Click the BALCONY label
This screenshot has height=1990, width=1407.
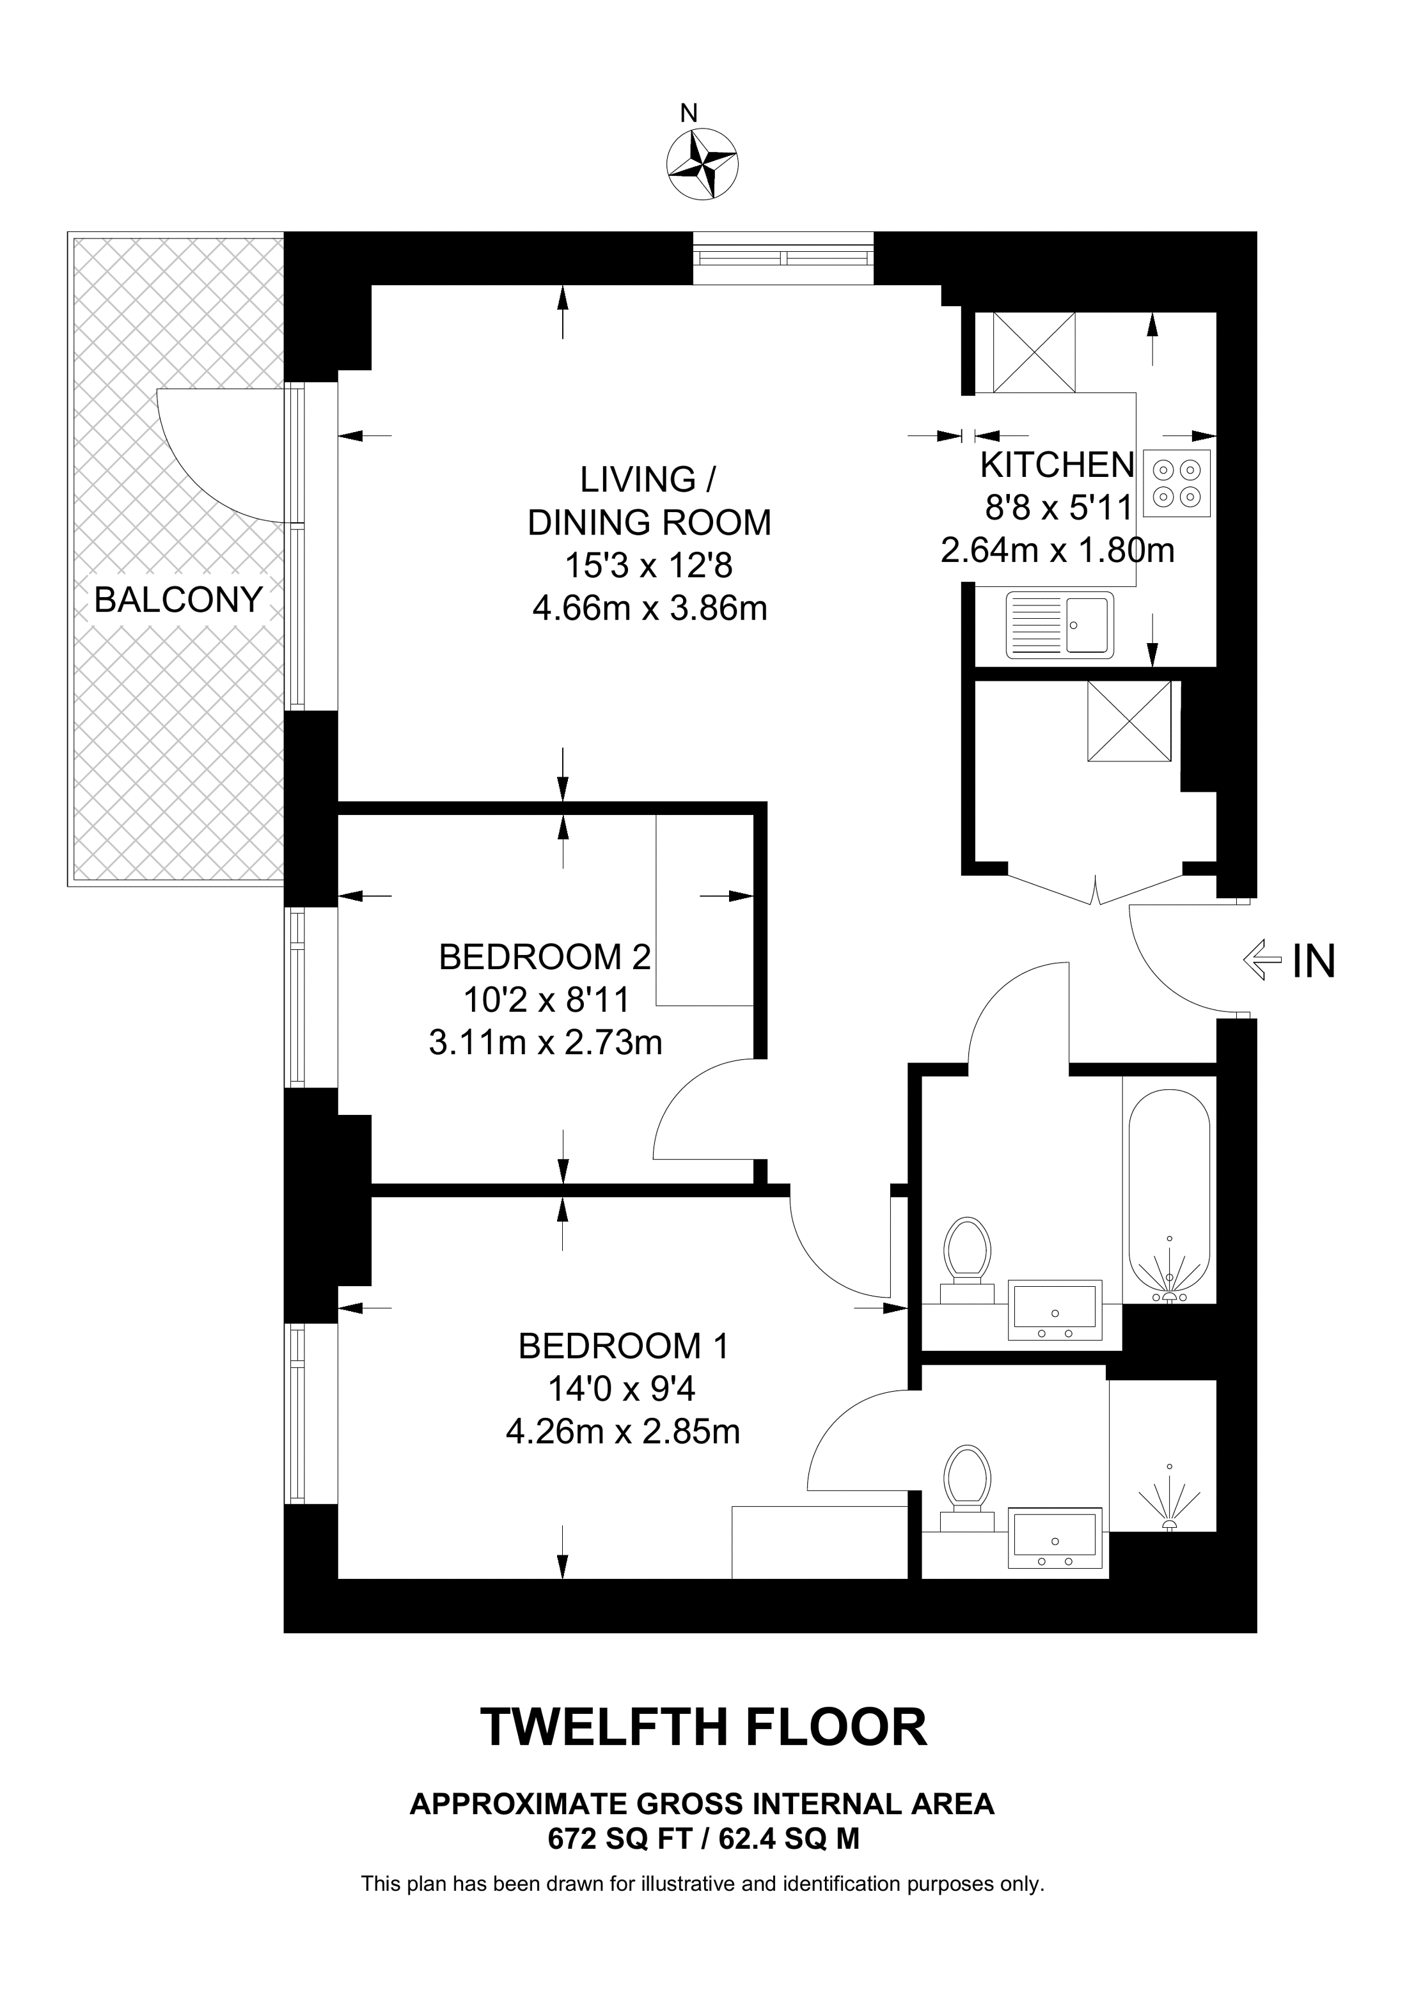(x=178, y=600)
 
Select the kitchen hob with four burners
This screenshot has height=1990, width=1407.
(x=1177, y=484)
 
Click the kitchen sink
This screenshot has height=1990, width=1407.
(x=1059, y=624)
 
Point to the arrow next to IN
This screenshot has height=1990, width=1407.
(x=1262, y=960)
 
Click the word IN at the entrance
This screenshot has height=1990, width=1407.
(x=1314, y=960)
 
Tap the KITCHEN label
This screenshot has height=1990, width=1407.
(x=1057, y=465)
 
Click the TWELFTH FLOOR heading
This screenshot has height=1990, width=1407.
(x=703, y=1727)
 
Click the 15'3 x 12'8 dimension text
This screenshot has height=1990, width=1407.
(x=648, y=566)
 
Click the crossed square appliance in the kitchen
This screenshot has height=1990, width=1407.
(x=1034, y=353)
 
